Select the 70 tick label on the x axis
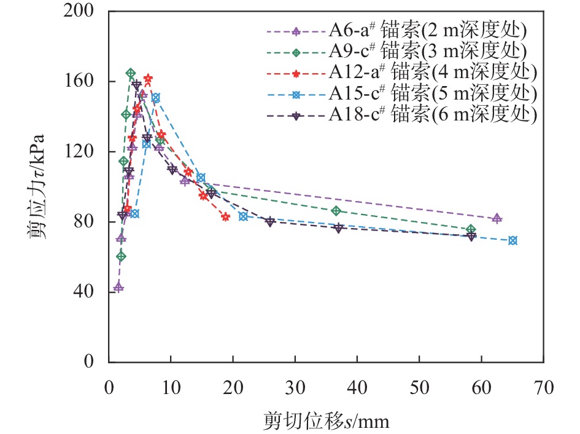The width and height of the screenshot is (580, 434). tap(543, 389)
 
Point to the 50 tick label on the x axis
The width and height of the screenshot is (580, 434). tap(419, 389)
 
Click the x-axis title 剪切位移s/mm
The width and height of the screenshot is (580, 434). tap(326, 422)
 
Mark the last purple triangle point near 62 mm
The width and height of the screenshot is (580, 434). tap(497, 218)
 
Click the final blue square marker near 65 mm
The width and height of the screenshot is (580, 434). tap(512, 240)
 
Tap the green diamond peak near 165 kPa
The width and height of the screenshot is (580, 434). tap(131, 73)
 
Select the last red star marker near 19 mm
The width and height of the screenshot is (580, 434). tap(225, 216)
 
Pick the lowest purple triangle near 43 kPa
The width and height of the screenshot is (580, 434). tap(118, 287)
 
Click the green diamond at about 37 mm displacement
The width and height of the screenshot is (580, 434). tap(336, 211)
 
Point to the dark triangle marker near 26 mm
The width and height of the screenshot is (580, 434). tap(270, 221)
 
